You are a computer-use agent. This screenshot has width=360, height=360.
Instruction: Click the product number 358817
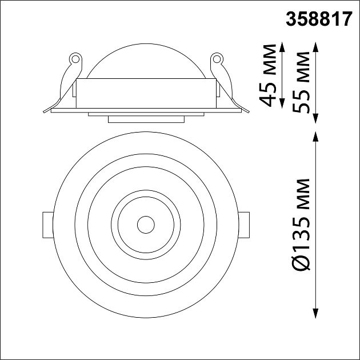click(x=319, y=21)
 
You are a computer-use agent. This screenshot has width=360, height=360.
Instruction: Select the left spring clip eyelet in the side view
click(x=73, y=58)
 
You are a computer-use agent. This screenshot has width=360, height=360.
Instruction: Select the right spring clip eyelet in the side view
click(x=217, y=58)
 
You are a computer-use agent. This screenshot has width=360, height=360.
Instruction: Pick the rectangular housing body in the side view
click(x=146, y=93)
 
